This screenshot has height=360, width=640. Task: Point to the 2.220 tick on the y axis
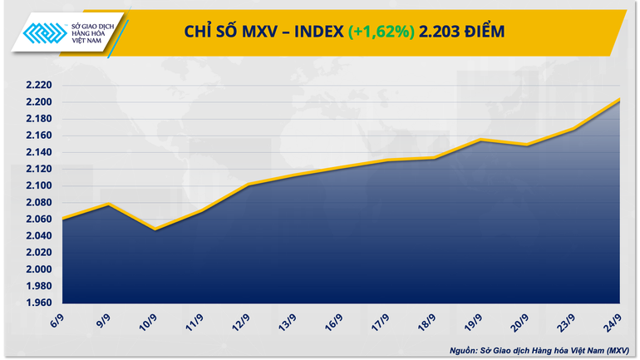pos(37,86)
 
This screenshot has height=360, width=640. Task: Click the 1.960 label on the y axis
pos(37,303)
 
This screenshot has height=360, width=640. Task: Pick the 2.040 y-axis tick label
pos(37,236)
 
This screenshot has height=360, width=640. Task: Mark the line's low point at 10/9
pos(155,229)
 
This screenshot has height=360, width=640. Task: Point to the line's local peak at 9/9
pos(109,204)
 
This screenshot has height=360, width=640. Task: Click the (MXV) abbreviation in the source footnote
pos(618,349)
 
